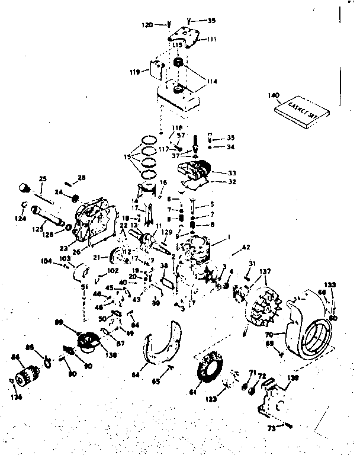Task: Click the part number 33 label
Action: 215,172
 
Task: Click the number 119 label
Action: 134,72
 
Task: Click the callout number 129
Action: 168,232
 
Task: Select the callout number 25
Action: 42,178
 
